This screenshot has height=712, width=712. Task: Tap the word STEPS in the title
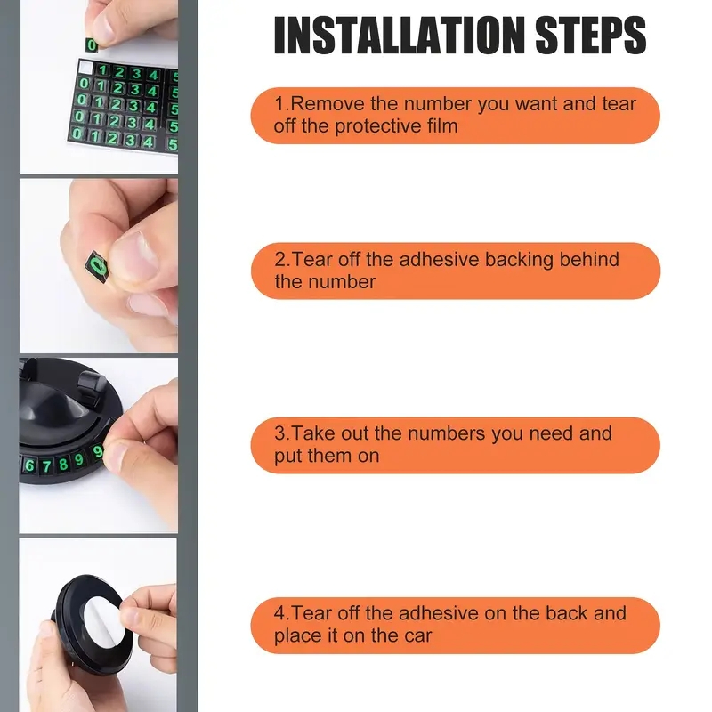(591, 35)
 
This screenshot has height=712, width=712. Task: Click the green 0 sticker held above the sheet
(92, 45)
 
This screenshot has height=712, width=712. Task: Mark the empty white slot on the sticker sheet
(85, 69)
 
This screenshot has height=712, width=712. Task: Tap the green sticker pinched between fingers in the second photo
(96, 266)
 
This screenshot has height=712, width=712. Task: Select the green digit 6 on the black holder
(30, 465)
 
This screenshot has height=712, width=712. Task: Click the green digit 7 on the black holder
(46, 465)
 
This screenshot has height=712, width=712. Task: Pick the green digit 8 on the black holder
(63, 464)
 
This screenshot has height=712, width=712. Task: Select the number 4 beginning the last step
(279, 613)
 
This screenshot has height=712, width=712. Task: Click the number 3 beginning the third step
(279, 433)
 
